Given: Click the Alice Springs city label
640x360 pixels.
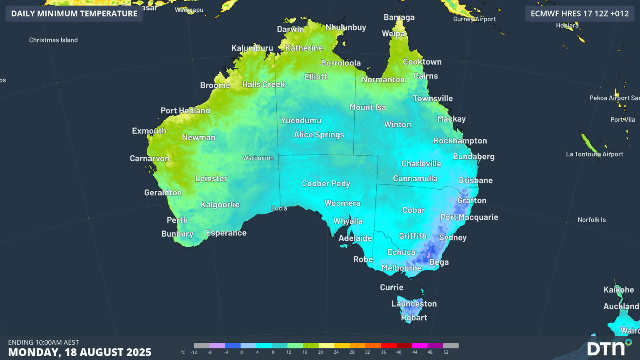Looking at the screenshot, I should [319, 135].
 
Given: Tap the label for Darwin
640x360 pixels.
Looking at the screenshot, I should [290, 29].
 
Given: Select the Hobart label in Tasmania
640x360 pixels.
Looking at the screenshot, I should [414, 317].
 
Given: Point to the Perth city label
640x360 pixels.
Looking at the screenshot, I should [177, 220].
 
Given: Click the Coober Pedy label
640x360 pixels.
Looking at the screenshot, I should [326, 183].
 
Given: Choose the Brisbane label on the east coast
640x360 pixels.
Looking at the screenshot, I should [475, 180].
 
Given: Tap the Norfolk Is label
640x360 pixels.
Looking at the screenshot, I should [591, 220].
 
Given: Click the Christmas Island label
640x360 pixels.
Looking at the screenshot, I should [53, 40].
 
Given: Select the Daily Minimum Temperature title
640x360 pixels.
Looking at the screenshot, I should [74, 13].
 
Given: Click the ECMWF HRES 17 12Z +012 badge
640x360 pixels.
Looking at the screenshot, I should [579, 13].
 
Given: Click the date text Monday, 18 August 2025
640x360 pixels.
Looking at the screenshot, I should [80, 352].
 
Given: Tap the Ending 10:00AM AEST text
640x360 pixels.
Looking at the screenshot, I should [43, 342].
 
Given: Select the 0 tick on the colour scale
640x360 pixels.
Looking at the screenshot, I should [241, 352].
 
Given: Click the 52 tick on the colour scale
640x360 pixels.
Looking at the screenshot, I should [446, 352].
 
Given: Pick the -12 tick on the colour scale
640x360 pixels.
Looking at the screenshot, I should [194, 352].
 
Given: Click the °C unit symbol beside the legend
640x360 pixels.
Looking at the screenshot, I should [183, 352].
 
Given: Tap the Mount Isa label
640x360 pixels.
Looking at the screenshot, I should [367, 107].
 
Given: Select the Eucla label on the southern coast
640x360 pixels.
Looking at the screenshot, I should [279, 208].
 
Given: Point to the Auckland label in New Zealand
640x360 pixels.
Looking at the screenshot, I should [621, 306].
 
